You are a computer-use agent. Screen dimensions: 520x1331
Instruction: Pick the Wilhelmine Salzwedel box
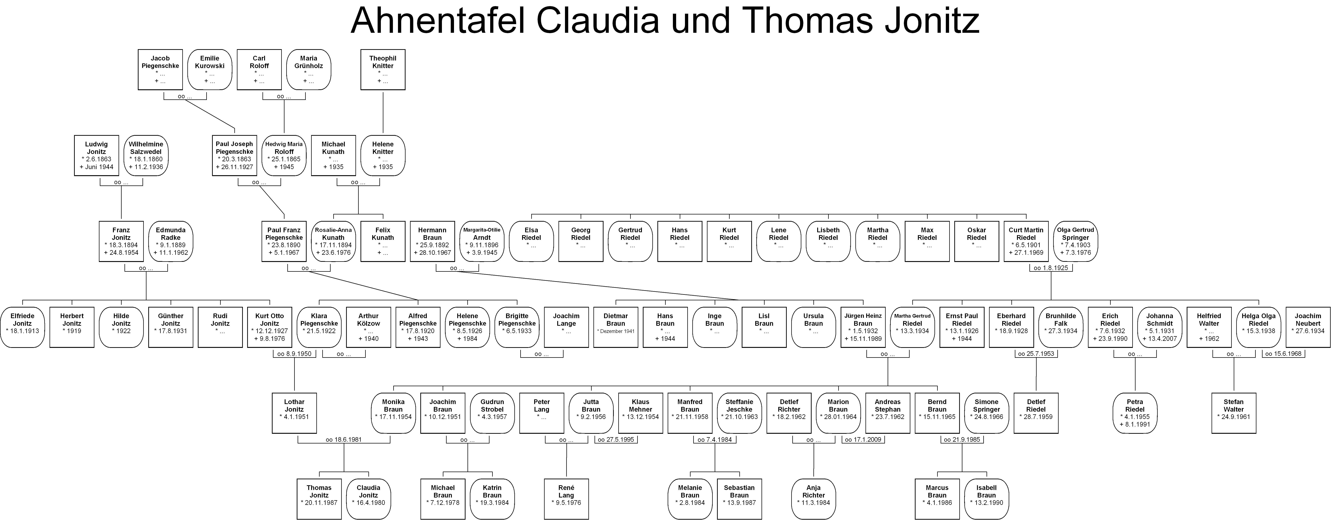click(x=146, y=155)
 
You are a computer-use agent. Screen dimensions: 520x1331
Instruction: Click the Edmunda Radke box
click(x=170, y=241)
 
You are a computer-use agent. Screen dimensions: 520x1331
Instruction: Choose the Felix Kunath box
click(x=383, y=241)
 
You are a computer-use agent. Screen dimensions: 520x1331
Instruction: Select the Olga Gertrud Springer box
click(x=1075, y=241)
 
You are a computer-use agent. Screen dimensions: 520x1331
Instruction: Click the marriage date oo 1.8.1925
click(x=1051, y=268)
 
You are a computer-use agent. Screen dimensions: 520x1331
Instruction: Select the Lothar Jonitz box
click(x=295, y=413)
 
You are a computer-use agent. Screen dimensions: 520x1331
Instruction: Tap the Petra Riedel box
click(x=1135, y=413)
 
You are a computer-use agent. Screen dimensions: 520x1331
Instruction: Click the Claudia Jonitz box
click(x=368, y=499)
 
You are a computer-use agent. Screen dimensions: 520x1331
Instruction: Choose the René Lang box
click(x=566, y=499)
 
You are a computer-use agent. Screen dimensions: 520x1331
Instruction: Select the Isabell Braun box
click(x=986, y=499)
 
